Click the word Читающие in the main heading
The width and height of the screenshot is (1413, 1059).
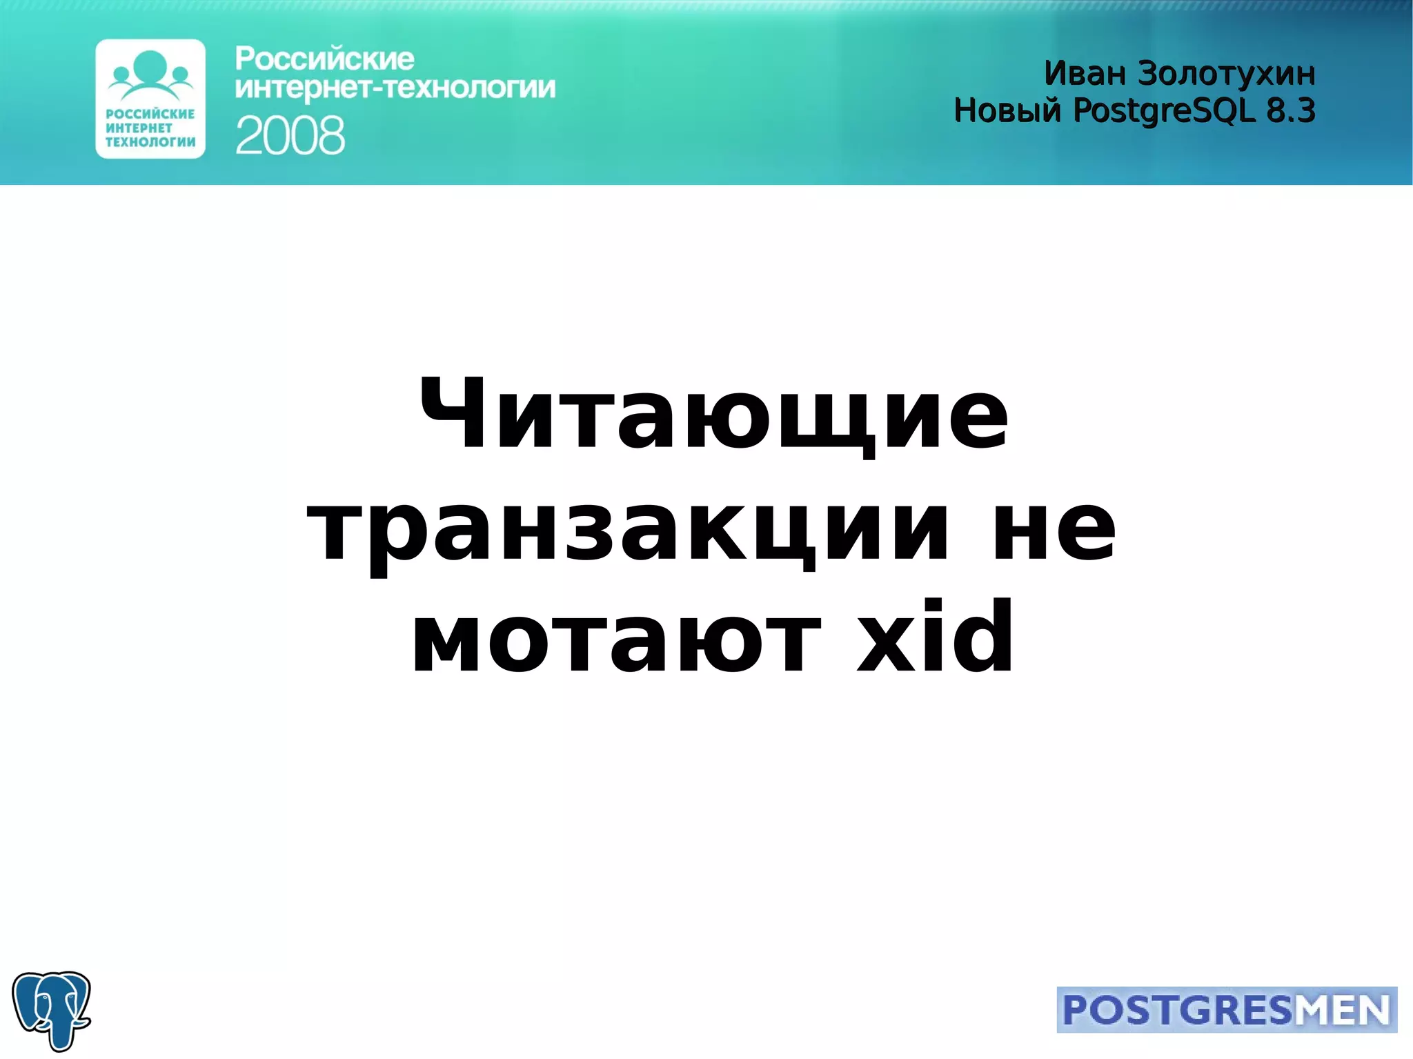713,415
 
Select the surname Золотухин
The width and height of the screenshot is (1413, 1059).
1226,75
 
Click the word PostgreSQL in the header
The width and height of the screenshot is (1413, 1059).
1165,111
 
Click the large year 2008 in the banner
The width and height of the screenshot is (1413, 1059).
290,135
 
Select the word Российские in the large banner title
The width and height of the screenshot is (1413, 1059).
324,59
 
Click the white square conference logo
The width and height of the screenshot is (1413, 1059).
150,99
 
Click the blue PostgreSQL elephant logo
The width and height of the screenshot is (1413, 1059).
52,1009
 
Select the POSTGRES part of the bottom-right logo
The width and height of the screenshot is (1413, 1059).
1177,1011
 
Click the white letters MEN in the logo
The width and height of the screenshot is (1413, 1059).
1342,1011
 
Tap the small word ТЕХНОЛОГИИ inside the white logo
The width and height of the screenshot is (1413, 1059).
150,142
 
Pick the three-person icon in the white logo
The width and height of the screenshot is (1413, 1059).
151,73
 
